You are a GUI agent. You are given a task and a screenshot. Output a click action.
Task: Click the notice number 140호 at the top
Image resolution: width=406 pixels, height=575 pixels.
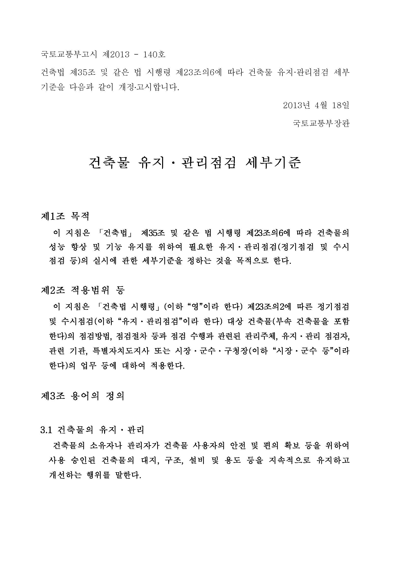click(x=154, y=55)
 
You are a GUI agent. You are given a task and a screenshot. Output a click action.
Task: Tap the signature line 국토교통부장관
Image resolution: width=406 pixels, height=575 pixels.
click(x=321, y=123)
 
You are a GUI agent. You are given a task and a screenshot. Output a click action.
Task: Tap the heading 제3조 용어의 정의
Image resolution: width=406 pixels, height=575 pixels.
click(x=83, y=396)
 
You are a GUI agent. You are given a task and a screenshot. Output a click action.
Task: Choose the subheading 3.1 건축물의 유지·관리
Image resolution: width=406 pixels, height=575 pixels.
click(x=92, y=430)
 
